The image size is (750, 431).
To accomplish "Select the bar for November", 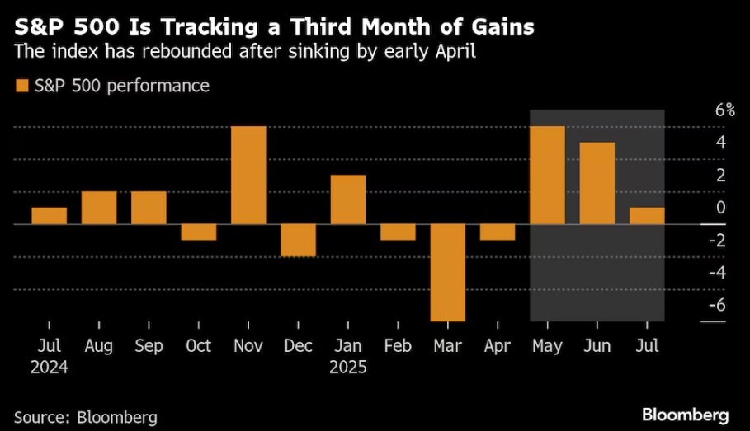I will coord(248,175).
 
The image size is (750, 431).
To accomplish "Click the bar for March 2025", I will coord(448,272).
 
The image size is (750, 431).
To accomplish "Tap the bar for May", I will coord(547,175).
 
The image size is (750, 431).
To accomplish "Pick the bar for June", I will coord(597,183).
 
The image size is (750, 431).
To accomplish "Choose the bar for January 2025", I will coord(348,199).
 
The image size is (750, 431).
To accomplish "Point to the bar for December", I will coord(298,240).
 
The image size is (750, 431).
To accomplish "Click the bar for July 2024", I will coord(49,215).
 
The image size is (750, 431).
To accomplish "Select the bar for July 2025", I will coord(647,215).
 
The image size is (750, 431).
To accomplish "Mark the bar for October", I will coord(198,232).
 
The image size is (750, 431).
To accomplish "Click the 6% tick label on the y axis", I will coord(724,110).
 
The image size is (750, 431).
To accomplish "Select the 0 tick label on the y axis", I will coord(720,208).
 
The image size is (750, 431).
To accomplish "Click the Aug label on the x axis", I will coord(98,345).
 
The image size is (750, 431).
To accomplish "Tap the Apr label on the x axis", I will coord(498,345).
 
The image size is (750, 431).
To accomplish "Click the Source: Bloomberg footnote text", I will coord(85,417).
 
